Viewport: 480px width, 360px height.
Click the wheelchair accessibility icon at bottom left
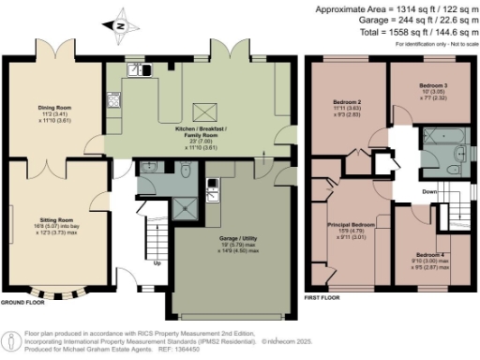[10, 338]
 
